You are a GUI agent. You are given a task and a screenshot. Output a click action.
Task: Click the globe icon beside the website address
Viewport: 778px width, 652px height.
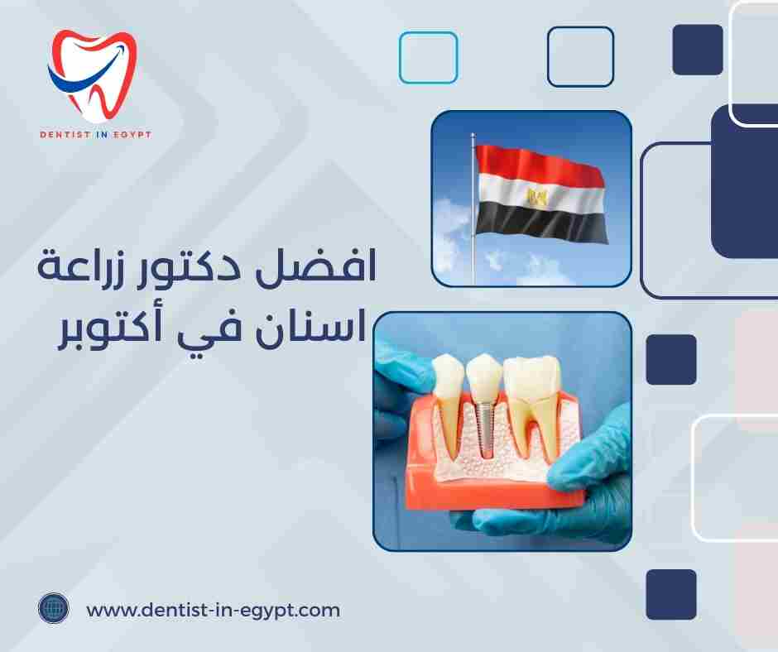[x=53, y=610]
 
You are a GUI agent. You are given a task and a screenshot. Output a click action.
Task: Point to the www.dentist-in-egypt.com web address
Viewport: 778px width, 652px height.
[x=213, y=611]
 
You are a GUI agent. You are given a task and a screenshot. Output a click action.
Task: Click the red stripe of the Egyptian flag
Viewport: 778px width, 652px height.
[x=538, y=165]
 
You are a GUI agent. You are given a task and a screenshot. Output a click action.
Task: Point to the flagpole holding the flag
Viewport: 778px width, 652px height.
[x=473, y=248]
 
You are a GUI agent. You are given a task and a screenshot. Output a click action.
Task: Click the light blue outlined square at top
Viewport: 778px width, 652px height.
[x=428, y=57]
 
